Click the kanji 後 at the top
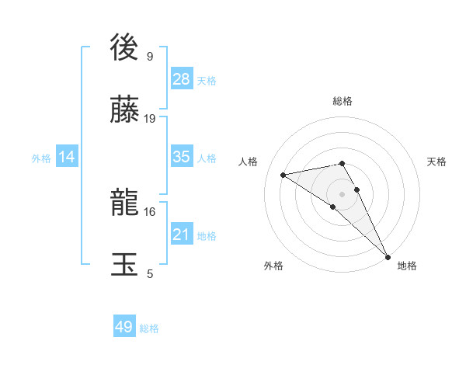pyautogui.click(x=125, y=48)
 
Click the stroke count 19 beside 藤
pyautogui.click(x=150, y=118)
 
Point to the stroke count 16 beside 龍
pyautogui.click(x=150, y=211)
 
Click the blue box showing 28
pyautogui.click(x=182, y=79)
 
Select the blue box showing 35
pyautogui.click(x=182, y=157)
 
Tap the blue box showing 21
pyautogui.click(x=182, y=235)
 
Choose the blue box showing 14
pyautogui.click(x=67, y=157)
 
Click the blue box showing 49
pyautogui.click(x=124, y=327)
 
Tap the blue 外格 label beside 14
pyautogui.click(x=41, y=158)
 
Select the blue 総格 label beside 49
pyautogui.click(x=149, y=328)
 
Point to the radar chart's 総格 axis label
pyautogui.click(x=343, y=101)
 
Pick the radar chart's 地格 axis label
pyautogui.click(x=407, y=266)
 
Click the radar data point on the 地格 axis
pyautogui.click(x=388, y=256)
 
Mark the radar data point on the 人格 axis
pyautogui.click(x=283, y=175)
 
